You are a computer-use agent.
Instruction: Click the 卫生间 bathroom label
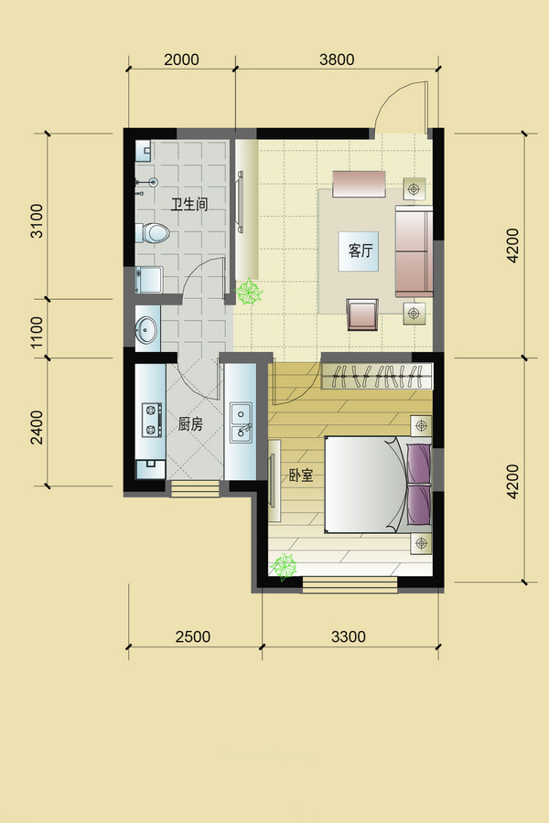point(189,204)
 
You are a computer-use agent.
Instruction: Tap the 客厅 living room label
point(361,251)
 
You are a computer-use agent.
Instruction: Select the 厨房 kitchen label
point(190,424)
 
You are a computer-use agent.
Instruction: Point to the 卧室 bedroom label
point(300,476)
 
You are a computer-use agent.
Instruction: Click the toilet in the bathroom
point(152,232)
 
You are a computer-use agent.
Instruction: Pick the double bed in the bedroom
point(378,484)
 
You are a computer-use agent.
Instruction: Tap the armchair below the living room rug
point(362,315)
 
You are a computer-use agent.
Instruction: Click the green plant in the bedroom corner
point(284,566)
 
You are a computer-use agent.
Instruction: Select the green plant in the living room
point(249,292)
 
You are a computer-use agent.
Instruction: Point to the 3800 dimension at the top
point(337,59)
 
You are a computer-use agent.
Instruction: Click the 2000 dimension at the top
point(181,59)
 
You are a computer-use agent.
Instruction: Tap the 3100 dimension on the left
point(37,221)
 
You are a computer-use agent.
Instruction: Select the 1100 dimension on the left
point(37,332)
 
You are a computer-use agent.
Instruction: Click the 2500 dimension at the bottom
point(193,636)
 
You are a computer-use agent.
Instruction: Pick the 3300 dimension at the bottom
point(349,636)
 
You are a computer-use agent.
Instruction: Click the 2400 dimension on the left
point(37,427)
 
